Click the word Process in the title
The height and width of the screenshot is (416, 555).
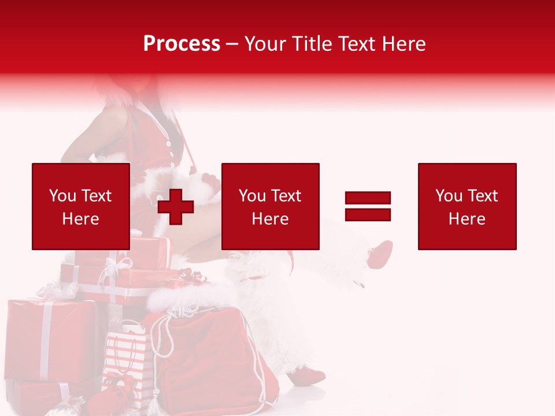point(182,44)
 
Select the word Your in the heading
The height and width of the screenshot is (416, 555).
point(267,44)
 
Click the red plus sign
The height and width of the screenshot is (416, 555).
point(175,206)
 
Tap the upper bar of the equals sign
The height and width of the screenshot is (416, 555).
point(368,198)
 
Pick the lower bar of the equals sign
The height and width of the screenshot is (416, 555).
point(368,214)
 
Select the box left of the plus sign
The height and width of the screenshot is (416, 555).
point(81,206)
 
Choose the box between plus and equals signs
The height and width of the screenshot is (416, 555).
point(270,206)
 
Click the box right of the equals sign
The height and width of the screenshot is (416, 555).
point(467,206)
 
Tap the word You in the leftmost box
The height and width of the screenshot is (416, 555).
point(62,195)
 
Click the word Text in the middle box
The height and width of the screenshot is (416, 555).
point(287,195)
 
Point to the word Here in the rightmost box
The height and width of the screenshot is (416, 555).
point(467,218)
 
